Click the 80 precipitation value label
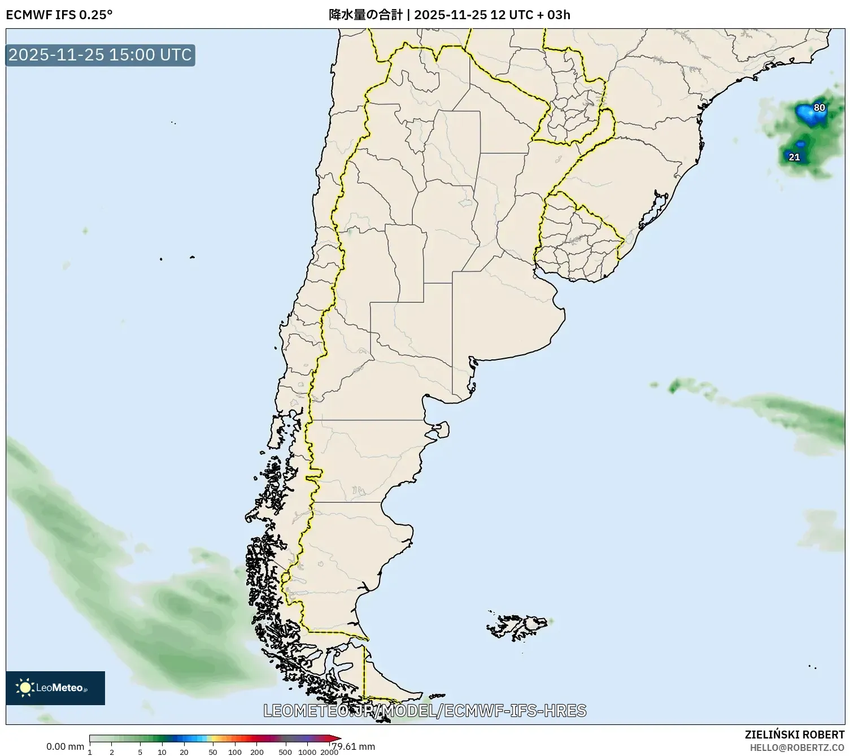(819, 107)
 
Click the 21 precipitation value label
(794, 157)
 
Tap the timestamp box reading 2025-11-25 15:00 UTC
(100, 55)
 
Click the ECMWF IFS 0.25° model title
(59, 15)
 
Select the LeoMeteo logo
(55, 688)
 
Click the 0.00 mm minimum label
(65, 746)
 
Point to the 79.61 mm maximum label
(354, 746)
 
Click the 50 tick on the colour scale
(212, 751)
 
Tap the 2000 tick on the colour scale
(329, 751)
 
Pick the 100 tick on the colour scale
(234, 751)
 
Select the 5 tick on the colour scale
(140, 751)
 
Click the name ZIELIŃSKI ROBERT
(795, 735)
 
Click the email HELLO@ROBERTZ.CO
(797, 748)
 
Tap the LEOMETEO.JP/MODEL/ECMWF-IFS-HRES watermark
(425, 711)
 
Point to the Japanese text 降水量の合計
(365, 15)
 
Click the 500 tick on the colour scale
(285, 751)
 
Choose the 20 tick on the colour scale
(184, 751)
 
